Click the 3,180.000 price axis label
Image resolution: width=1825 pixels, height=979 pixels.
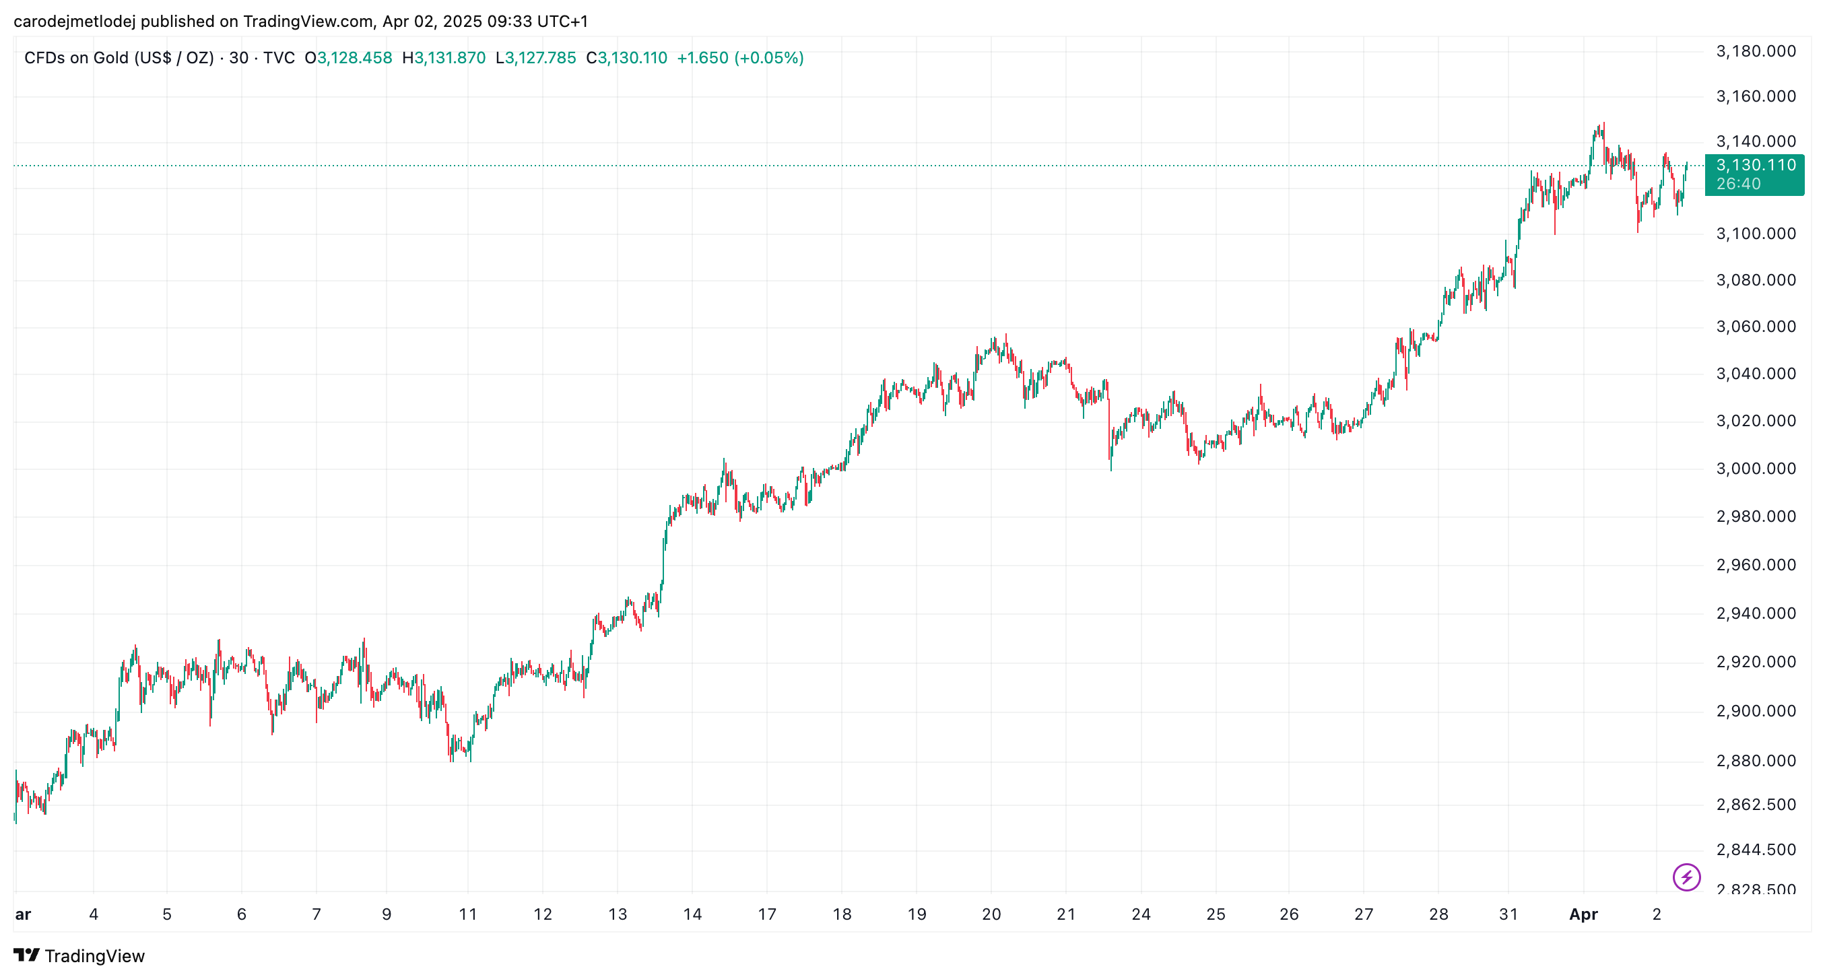(x=1756, y=51)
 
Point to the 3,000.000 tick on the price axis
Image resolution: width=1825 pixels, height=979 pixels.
(x=1756, y=468)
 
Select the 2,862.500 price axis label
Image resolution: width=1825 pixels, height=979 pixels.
(x=1756, y=804)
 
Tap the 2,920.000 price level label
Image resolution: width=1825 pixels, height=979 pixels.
(x=1756, y=662)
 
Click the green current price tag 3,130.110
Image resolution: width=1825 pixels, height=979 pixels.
(x=1756, y=165)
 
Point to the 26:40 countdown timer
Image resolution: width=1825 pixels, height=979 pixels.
(x=1738, y=184)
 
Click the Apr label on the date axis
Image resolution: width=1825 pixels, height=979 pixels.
(x=1583, y=914)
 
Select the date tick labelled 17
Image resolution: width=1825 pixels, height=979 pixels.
(x=766, y=914)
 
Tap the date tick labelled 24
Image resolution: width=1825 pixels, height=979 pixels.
(x=1141, y=914)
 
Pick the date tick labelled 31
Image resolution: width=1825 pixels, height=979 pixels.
(x=1508, y=914)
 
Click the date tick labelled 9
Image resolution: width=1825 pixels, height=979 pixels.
(x=386, y=914)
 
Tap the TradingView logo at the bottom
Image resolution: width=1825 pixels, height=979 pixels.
(x=79, y=955)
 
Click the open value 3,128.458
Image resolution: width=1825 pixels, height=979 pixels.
(x=354, y=57)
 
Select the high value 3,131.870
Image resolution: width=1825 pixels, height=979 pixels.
(x=450, y=57)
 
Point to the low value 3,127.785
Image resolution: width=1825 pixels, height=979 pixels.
(x=541, y=57)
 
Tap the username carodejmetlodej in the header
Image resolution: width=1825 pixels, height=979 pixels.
(x=74, y=22)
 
